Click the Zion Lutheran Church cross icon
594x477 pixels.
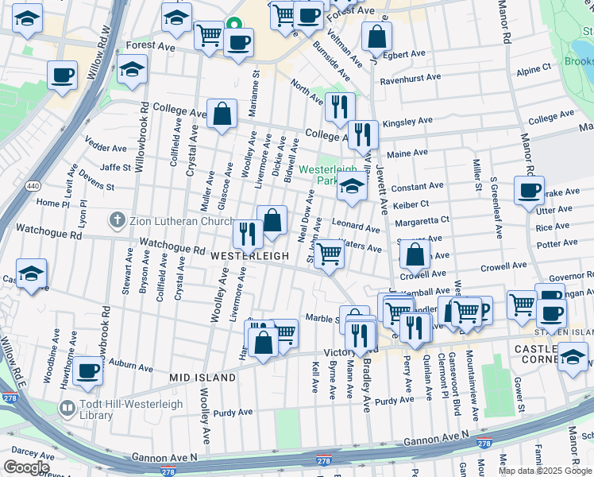click(x=117, y=219)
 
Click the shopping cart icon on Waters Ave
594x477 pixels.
click(x=329, y=255)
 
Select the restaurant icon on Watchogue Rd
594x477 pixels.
click(x=247, y=232)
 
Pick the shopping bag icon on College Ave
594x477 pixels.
click(x=222, y=114)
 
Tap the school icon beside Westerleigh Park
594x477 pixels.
click(x=352, y=188)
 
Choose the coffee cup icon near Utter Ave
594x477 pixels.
click(x=529, y=191)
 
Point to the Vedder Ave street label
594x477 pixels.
click(x=106, y=148)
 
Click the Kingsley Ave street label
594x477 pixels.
click(x=407, y=122)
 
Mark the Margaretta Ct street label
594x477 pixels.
click(x=422, y=219)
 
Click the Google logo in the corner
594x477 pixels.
click(x=26, y=467)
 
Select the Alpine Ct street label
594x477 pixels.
click(x=534, y=70)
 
